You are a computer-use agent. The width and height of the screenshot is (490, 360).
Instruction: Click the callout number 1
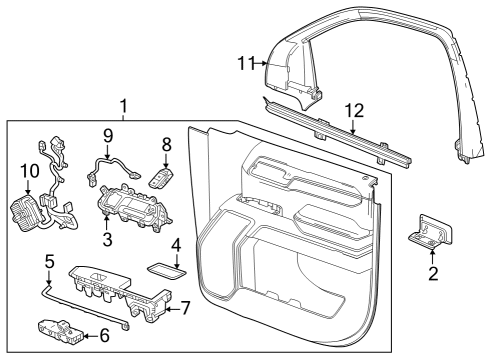tap(123, 105)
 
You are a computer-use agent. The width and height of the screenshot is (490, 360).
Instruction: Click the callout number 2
tap(433, 272)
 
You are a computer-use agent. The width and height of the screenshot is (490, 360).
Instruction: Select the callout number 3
tap(108, 240)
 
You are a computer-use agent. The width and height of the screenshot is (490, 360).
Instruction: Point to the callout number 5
tap(49, 262)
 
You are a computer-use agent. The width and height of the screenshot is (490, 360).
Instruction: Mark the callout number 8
tap(167, 144)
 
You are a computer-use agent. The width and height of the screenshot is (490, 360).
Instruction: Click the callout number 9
tap(108, 134)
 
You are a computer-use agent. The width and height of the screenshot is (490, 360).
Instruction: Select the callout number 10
tap(28, 171)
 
